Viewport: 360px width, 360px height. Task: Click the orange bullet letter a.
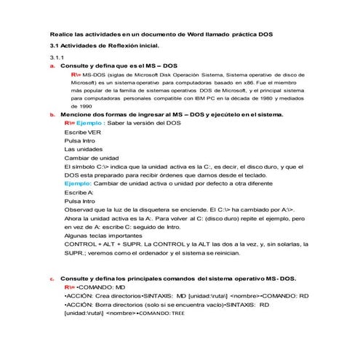pos(52,65)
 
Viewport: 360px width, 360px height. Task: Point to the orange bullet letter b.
pos(52,115)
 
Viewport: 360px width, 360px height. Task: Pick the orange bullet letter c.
pos(52,278)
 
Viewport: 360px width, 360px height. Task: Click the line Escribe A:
pos(79,194)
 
